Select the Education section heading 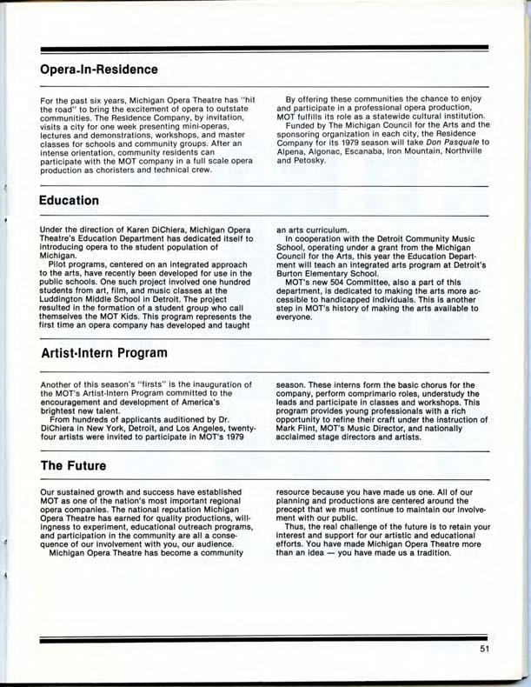(69, 200)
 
